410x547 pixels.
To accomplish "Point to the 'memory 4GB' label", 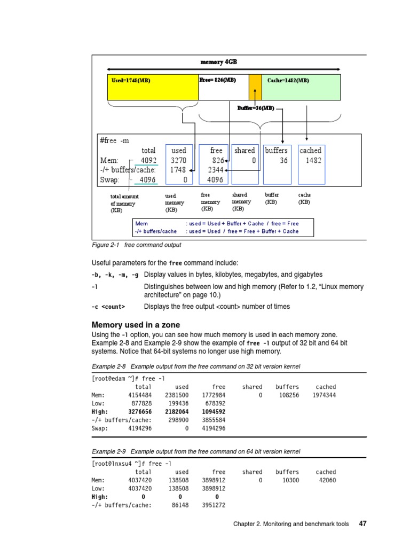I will tap(218, 62).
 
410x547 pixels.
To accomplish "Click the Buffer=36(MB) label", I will tap(256, 108).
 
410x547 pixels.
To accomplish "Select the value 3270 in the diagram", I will tap(178, 160).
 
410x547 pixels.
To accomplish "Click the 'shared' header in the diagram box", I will tap(245, 151).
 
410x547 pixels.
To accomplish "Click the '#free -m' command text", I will tap(115, 141).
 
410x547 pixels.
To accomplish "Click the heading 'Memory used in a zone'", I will tap(136, 325).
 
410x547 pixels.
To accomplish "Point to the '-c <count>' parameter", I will tap(108, 307).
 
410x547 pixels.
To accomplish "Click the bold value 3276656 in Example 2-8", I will tap(140, 412).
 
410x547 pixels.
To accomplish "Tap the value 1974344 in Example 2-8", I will tap(324, 395).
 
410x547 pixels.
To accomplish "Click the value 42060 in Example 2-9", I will tap(326, 480).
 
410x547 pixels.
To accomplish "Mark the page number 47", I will tap(362, 524).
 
